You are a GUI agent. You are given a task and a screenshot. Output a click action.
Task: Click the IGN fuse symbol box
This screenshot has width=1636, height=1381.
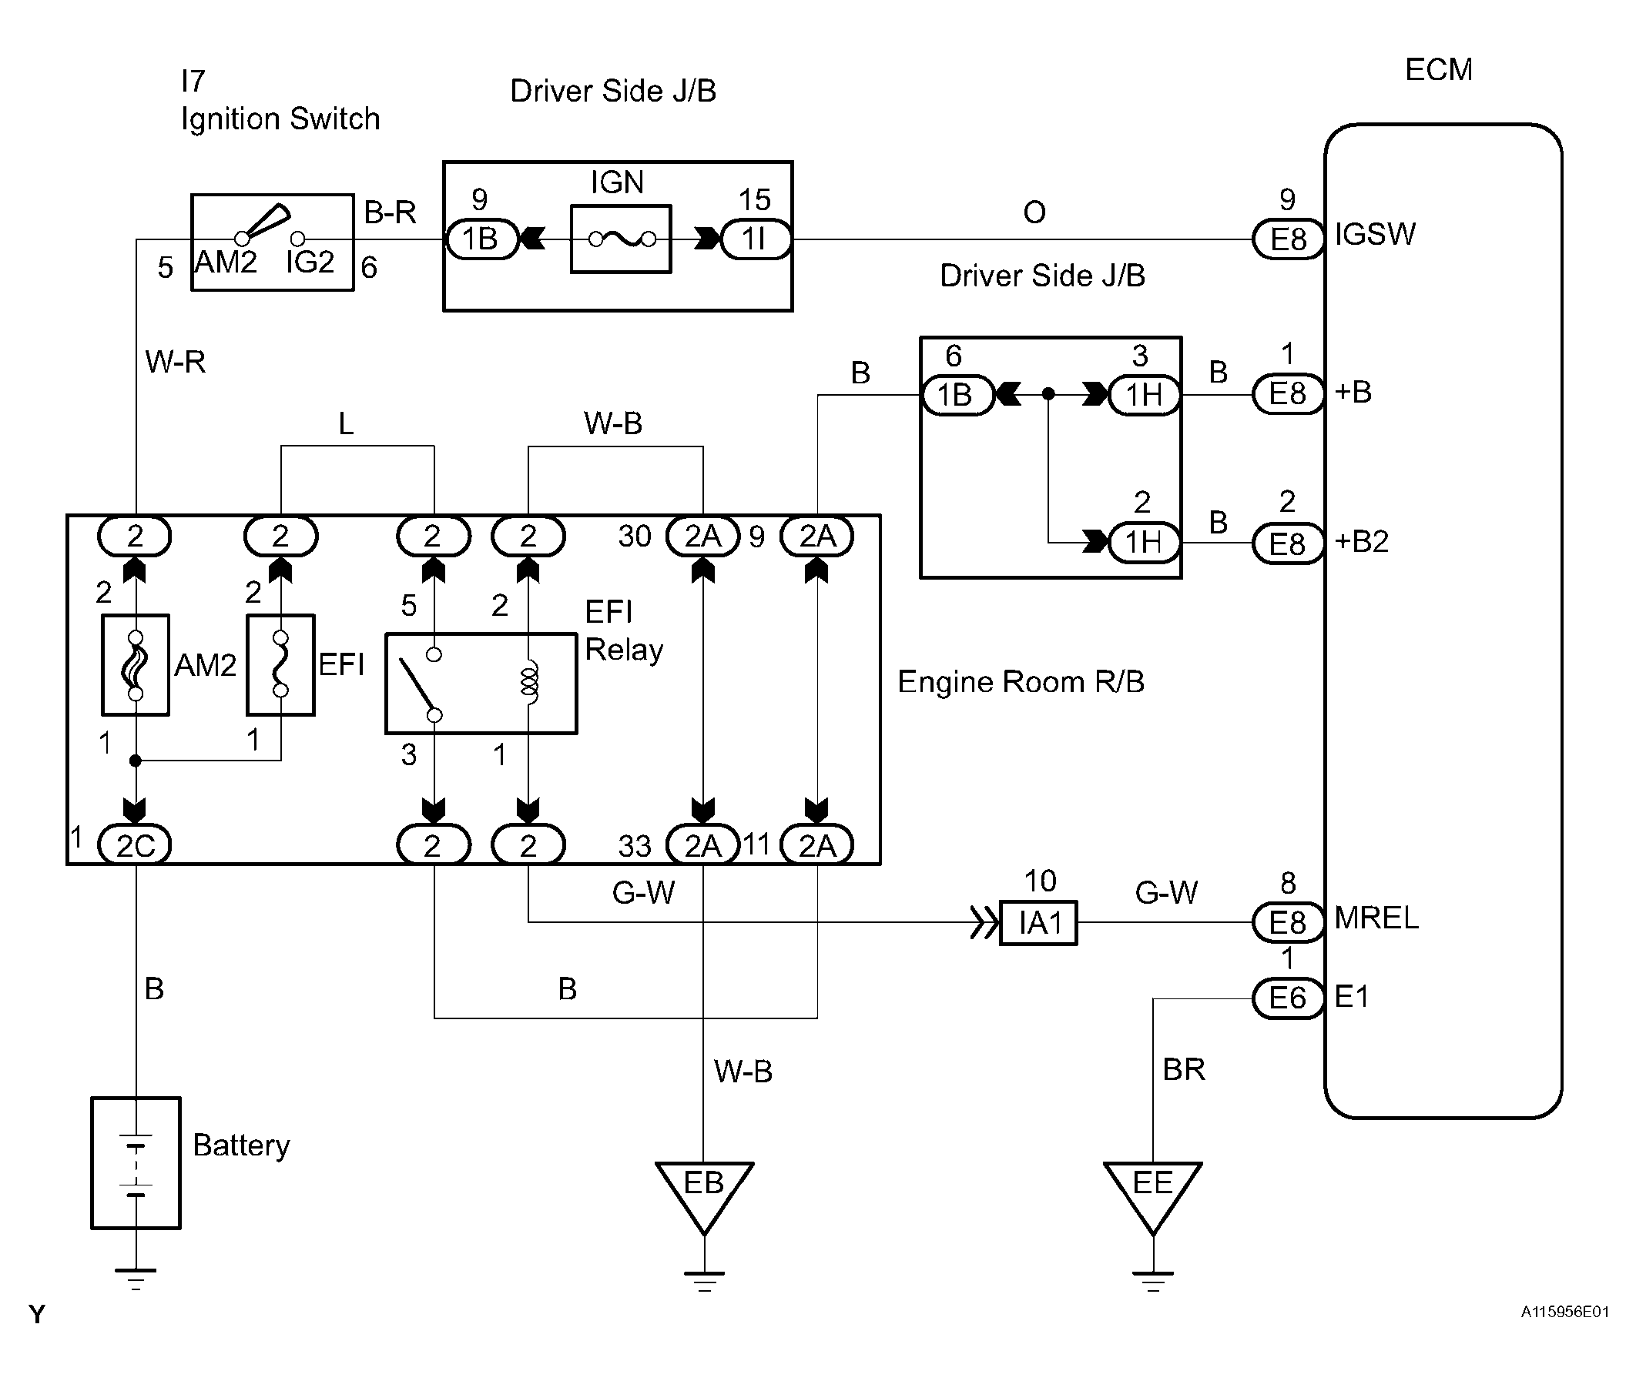[621, 239]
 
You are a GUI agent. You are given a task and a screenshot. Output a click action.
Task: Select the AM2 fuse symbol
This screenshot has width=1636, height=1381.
[136, 664]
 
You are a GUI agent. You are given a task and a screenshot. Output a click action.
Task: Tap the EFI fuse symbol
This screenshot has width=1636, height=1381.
[280, 664]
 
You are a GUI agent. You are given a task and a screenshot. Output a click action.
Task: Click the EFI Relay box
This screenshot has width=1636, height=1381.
[481, 684]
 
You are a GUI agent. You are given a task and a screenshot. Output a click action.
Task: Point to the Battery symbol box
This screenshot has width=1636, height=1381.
[136, 1162]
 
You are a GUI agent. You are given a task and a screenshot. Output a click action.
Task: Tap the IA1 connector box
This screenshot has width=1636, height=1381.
[1038, 923]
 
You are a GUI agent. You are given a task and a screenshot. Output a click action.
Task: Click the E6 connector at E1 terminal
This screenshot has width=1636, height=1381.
[1289, 998]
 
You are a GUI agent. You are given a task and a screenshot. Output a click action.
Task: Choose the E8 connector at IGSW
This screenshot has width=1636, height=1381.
[1289, 239]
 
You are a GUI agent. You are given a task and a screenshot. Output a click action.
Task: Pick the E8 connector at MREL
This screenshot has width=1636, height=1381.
[1289, 922]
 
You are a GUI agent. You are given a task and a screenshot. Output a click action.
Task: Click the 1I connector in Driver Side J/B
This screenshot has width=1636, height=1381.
[755, 239]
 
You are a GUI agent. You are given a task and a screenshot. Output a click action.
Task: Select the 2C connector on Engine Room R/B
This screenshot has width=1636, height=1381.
[135, 845]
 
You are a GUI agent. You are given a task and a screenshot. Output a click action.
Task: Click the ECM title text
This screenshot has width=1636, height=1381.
[1439, 70]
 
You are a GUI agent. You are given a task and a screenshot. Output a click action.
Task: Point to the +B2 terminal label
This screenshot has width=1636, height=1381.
[1362, 541]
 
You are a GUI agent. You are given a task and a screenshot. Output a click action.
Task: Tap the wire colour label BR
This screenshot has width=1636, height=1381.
[1183, 1069]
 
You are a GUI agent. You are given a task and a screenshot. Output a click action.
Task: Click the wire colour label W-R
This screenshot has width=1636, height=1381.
[176, 362]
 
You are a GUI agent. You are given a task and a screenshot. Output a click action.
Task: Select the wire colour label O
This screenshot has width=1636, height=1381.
[1034, 212]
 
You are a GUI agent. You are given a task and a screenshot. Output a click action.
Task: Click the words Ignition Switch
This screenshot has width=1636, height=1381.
[280, 119]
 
